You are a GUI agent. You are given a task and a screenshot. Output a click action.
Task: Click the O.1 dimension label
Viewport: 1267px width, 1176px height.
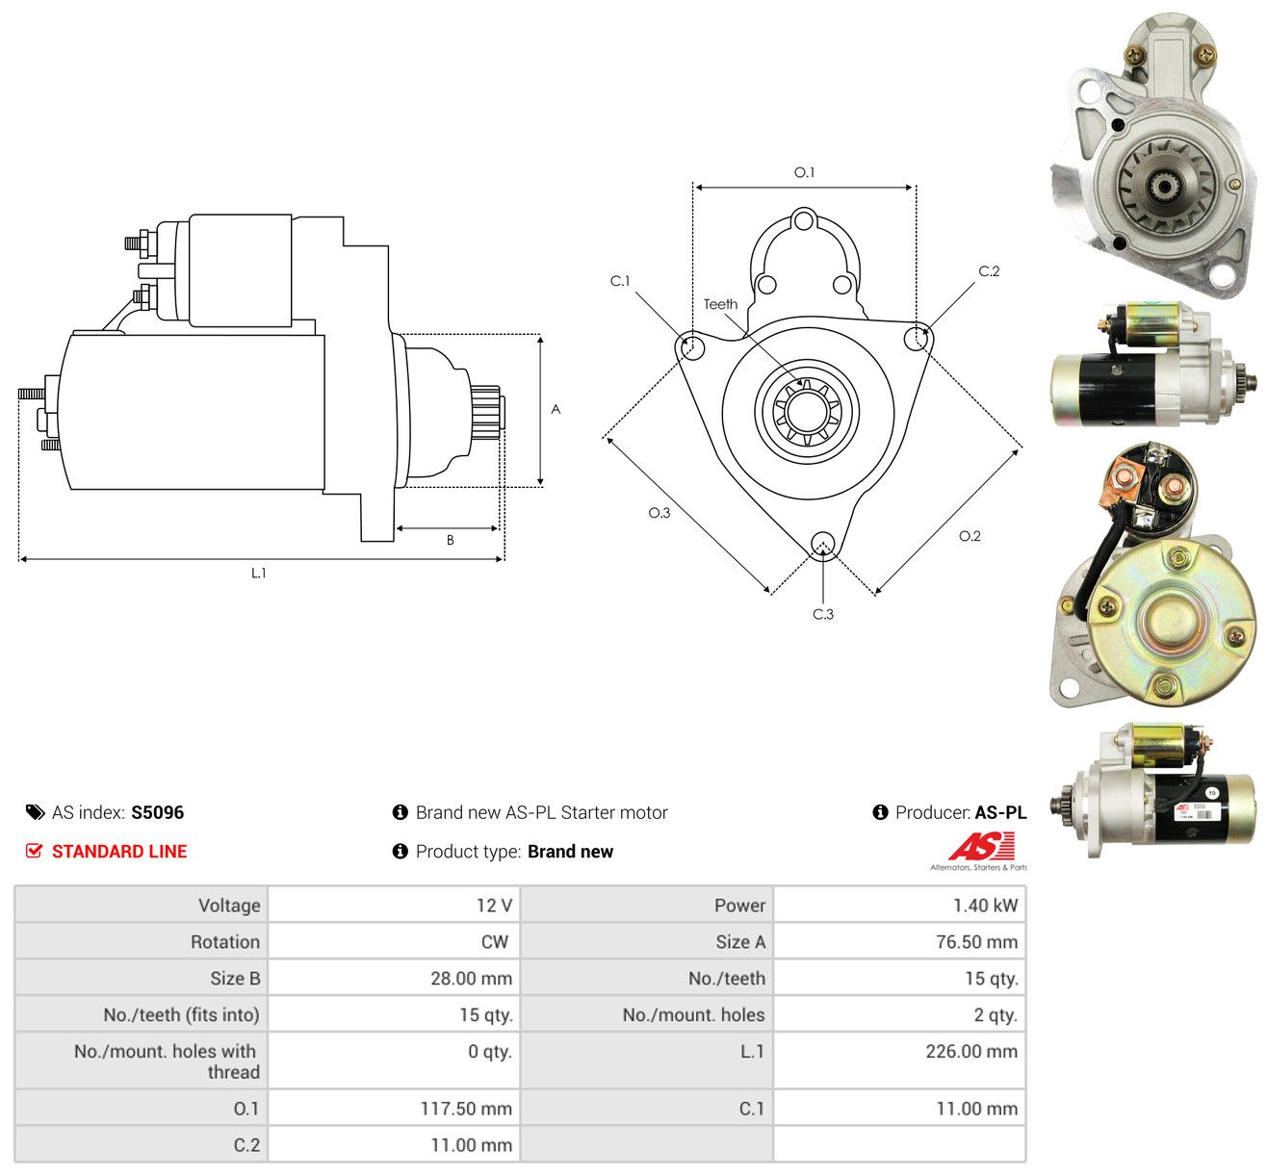point(804,172)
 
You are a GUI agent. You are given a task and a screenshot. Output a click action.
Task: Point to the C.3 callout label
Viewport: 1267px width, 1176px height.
point(822,614)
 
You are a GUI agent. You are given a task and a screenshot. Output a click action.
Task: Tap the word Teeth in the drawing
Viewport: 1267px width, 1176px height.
point(719,304)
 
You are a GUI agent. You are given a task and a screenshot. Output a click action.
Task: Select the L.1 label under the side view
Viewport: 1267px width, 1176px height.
point(258,573)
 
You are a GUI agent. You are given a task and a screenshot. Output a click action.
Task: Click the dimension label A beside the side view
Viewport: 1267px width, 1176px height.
point(555,409)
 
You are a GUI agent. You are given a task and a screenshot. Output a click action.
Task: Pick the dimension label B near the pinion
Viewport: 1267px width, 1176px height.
point(450,540)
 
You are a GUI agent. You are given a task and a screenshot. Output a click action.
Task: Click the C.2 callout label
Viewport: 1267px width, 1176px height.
point(988,271)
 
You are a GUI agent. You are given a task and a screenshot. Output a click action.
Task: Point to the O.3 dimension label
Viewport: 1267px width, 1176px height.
point(659,513)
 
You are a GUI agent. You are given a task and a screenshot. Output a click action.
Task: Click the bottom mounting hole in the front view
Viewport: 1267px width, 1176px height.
point(822,544)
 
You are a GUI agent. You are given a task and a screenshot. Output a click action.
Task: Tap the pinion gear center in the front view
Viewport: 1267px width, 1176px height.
point(807,411)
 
